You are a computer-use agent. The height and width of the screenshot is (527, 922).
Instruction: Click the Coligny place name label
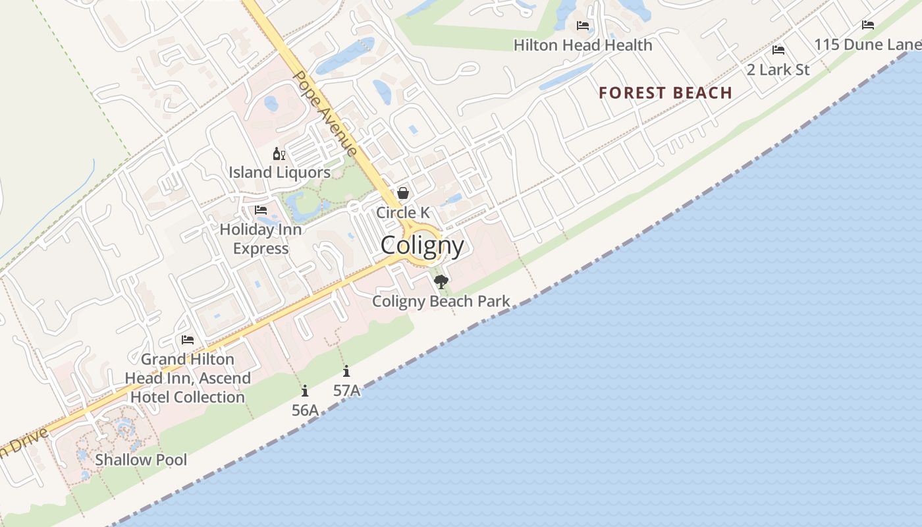click(x=422, y=246)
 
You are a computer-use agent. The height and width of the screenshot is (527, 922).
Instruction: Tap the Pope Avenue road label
click(x=325, y=113)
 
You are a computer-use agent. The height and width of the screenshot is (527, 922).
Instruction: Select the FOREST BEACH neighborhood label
click(x=665, y=93)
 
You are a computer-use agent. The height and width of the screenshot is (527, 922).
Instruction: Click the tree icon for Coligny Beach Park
click(x=441, y=282)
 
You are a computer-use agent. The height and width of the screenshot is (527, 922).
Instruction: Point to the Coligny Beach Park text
click(x=441, y=302)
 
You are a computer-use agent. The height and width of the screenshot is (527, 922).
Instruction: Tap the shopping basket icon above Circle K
click(x=403, y=193)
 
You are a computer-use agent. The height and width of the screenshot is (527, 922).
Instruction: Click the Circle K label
click(x=403, y=212)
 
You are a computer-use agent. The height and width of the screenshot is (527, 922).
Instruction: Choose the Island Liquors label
click(x=279, y=173)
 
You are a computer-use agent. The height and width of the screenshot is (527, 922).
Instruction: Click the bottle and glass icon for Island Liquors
click(x=279, y=154)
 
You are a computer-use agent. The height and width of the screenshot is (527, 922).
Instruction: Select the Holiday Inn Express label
click(x=261, y=238)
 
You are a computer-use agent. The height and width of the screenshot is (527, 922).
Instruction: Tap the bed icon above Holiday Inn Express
click(x=261, y=210)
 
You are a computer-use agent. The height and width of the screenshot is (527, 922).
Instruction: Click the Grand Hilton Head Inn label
click(x=188, y=378)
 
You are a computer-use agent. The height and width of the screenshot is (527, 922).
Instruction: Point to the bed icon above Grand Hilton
click(x=188, y=340)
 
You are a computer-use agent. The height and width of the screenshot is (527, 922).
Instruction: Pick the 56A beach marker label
click(x=305, y=410)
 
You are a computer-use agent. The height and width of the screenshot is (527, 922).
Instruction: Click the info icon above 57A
click(x=346, y=372)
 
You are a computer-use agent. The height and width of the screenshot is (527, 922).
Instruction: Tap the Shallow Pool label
click(x=141, y=460)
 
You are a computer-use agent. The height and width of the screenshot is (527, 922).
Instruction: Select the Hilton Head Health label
click(x=583, y=45)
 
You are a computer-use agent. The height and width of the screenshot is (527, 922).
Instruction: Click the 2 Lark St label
click(x=778, y=69)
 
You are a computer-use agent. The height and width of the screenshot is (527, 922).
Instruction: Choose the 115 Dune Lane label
click(x=867, y=45)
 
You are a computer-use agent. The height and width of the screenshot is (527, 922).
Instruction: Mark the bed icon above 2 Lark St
click(x=778, y=50)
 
